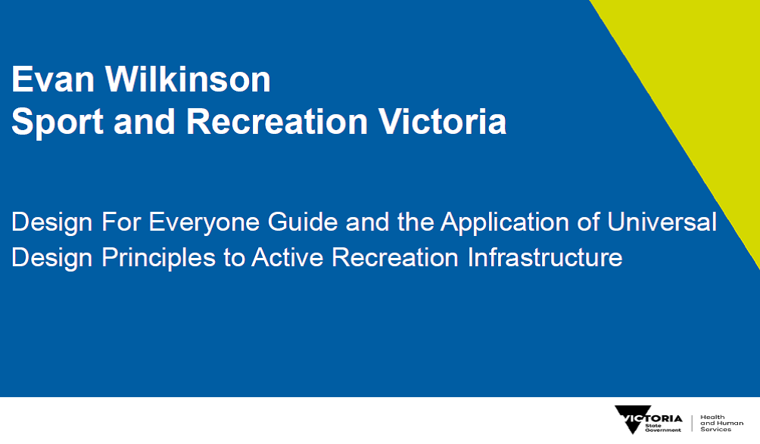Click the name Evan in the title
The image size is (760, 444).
click(x=53, y=79)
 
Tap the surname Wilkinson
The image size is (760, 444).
click(x=188, y=79)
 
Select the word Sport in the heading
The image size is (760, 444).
click(x=58, y=122)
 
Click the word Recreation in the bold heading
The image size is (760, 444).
click(x=277, y=121)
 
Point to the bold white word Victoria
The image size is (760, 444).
click(x=442, y=121)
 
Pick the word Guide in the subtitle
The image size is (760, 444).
click(x=303, y=222)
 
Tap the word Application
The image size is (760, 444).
click(x=505, y=222)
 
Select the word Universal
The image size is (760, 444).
click(x=662, y=222)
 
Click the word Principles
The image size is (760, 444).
click(x=158, y=258)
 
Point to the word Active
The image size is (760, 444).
click(x=288, y=257)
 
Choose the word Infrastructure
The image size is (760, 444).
click(x=545, y=257)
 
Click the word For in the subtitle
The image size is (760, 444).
click(x=121, y=222)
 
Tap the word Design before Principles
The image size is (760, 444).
click(x=52, y=258)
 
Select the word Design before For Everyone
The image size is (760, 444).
click(x=52, y=222)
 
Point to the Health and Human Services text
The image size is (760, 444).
click(x=721, y=423)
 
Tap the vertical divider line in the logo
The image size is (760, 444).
click(x=692, y=423)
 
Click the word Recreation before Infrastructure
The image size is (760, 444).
click(x=394, y=257)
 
